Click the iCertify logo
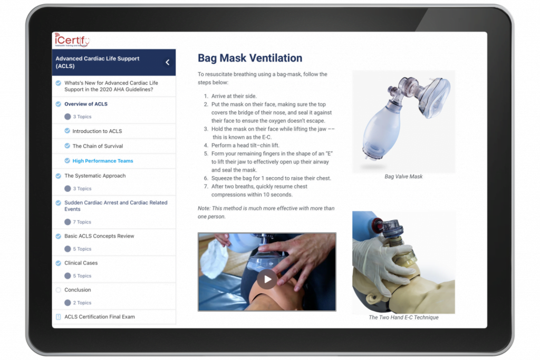(x=72, y=41)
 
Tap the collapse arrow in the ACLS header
(x=168, y=62)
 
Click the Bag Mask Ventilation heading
(x=250, y=59)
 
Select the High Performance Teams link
(x=103, y=161)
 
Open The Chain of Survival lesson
(x=98, y=146)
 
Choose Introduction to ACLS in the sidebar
(x=97, y=131)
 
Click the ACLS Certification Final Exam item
(x=100, y=317)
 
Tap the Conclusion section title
(x=78, y=290)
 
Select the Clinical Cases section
(x=81, y=263)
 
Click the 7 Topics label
(x=82, y=222)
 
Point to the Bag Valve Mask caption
(x=403, y=177)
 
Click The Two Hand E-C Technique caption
(x=403, y=317)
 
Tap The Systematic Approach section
(x=95, y=176)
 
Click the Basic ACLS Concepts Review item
(x=99, y=236)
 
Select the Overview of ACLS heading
(x=86, y=104)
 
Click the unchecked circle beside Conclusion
(x=58, y=290)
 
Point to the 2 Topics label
(x=82, y=303)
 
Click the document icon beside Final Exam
(x=58, y=317)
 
